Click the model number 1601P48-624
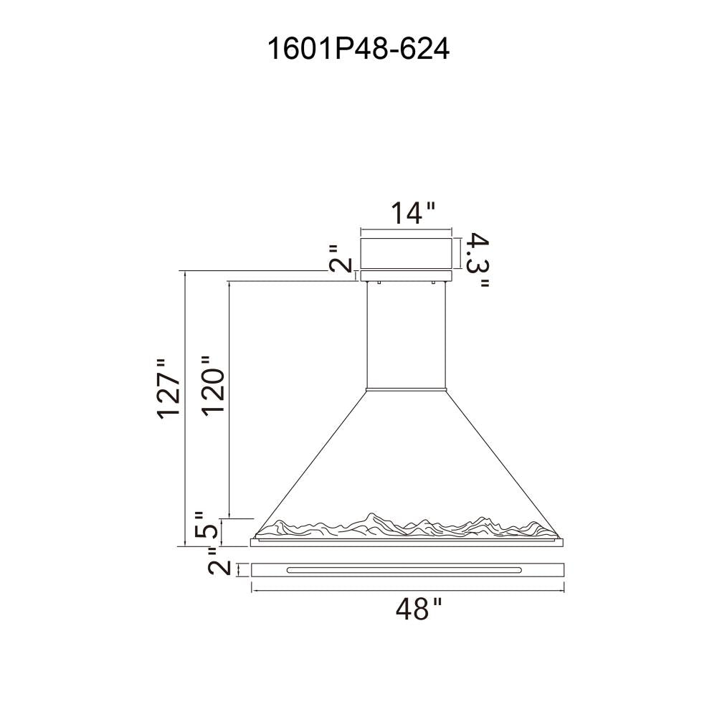click(x=358, y=49)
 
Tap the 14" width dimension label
click(x=412, y=213)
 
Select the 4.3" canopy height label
click(x=477, y=260)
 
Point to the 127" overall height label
click(x=168, y=389)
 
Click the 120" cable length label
click(x=214, y=386)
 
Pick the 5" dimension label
click(x=206, y=525)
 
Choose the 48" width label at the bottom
click(x=419, y=609)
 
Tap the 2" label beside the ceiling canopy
click(x=341, y=258)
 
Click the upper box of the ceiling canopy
click(x=407, y=253)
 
